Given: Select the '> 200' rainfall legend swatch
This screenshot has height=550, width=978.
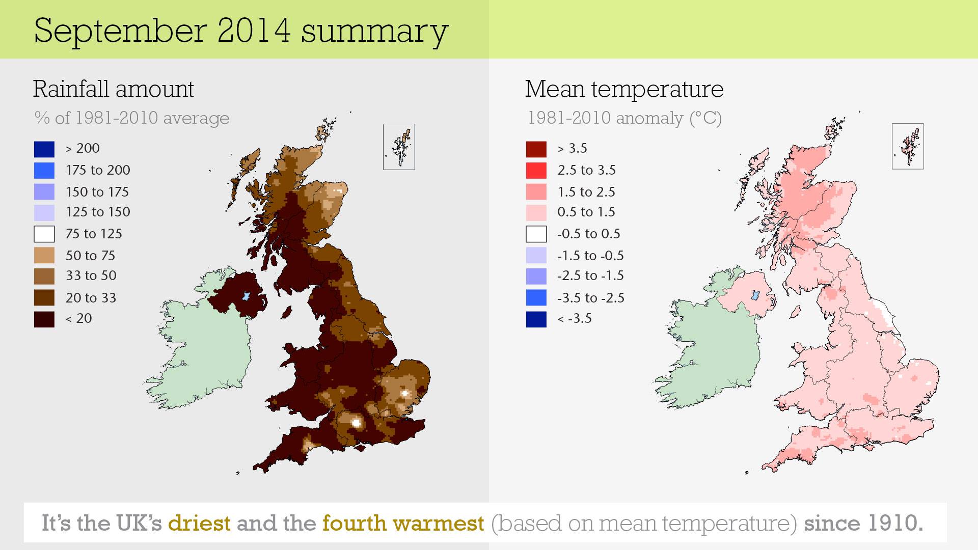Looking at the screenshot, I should [44, 149].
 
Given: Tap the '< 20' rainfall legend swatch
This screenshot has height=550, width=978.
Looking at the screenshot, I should [44, 319].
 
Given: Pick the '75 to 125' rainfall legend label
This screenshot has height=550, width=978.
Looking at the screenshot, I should [94, 234].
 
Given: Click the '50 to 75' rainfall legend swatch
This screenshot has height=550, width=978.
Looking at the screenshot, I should [44, 255].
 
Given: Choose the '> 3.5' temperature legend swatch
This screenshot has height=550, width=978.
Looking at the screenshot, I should [536, 149].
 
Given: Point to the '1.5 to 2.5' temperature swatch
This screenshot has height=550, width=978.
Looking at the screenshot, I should [536, 191].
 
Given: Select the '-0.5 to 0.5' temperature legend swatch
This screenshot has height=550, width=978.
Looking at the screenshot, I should [536, 234].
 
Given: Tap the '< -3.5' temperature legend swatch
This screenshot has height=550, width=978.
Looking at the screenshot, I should [536, 319].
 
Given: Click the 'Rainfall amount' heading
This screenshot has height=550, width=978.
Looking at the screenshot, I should [113, 89].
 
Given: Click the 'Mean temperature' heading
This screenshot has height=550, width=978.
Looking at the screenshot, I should [624, 89].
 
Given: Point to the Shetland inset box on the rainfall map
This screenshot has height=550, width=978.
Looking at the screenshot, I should [399, 147].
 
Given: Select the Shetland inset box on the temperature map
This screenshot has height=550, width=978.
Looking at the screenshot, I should [908, 147].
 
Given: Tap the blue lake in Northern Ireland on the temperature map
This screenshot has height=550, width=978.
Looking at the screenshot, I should [755, 295].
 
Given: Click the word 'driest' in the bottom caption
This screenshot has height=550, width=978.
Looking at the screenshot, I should [199, 523].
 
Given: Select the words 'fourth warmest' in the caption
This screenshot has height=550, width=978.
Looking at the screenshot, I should [403, 523].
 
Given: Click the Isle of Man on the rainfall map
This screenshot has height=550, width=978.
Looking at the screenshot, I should [287, 311].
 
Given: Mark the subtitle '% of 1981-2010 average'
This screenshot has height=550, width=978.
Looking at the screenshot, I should [131, 118].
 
